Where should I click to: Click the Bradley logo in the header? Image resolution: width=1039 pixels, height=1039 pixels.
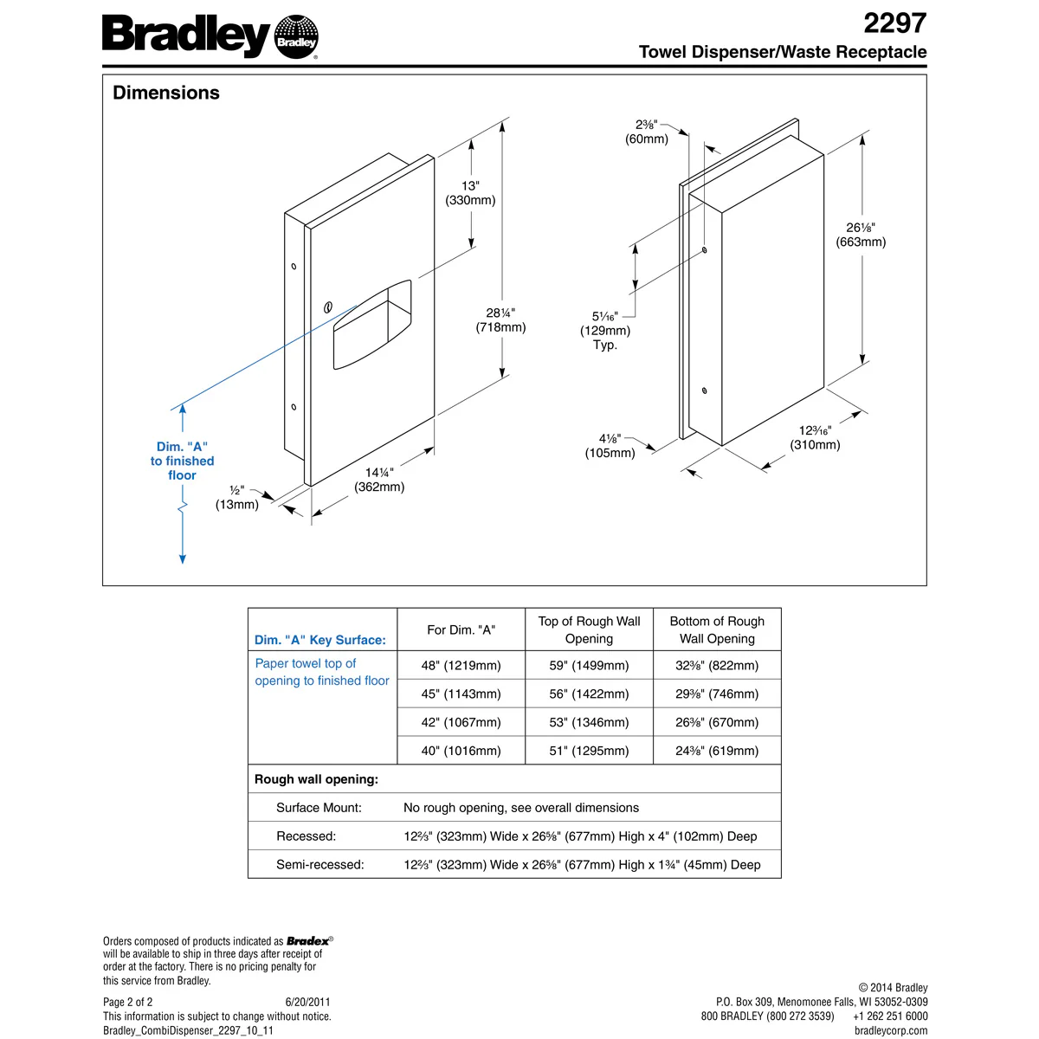[x=210, y=36]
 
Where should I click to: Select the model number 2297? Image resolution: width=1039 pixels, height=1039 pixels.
[x=894, y=23]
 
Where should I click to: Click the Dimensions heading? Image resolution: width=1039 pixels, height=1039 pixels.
[x=166, y=93]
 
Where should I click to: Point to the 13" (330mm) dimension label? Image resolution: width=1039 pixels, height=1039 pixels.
[x=470, y=193]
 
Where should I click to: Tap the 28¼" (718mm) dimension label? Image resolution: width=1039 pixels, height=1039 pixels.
[x=500, y=320]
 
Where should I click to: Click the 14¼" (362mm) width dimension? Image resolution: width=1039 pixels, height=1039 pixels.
[x=379, y=480]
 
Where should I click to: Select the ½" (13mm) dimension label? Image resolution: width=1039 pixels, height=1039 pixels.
[x=237, y=498]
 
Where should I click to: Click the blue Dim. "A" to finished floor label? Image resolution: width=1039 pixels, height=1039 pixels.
[x=182, y=461]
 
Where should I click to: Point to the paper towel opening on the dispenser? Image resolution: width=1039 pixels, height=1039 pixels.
[x=373, y=324]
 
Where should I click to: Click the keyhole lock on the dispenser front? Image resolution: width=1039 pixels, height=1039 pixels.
[x=328, y=307]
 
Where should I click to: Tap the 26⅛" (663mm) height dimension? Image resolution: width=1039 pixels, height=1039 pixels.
[x=861, y=235]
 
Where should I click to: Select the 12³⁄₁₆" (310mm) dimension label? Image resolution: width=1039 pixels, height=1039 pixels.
[x=815, y=437]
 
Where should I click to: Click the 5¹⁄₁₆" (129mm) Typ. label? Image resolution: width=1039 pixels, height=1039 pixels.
[x=605, y=331]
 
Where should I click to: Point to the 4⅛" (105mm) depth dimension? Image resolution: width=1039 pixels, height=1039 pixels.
[x=610, y=446]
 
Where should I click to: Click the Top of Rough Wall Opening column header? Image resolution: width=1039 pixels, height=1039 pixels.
[x=589, y=629]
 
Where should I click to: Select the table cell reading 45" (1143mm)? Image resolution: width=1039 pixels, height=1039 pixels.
[x=461, y=694]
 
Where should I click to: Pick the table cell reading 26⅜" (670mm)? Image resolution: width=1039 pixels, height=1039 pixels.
[x=717, y=722]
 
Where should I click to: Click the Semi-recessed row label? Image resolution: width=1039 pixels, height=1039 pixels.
[x=320, y=864]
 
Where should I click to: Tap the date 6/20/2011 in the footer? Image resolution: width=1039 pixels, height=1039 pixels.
[x=307, y=1002]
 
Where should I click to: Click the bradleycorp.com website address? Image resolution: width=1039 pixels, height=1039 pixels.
[x=890, y=1030]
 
